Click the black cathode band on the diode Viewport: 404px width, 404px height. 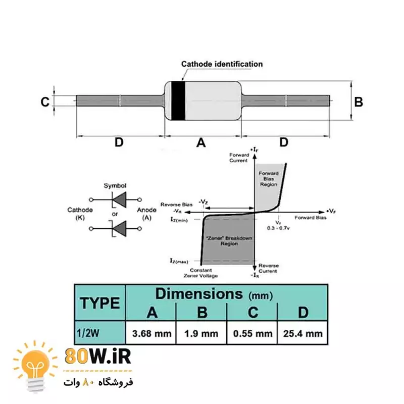coord(178,100)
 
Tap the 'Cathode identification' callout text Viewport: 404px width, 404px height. coord(222,64)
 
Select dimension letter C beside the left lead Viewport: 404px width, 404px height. coord(45,102)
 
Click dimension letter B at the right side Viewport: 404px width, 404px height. coord(359,102)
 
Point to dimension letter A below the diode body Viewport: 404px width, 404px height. coord(201,143)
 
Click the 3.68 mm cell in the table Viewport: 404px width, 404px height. coord(151,334)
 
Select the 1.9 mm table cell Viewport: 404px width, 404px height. coord(202,334)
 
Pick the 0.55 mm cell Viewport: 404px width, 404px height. coord(252,334)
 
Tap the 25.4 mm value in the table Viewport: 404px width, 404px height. coord(302,334)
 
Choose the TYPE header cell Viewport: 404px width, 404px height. coord(100,303)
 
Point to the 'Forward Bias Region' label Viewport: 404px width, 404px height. coord(269,179)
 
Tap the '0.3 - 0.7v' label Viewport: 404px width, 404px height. coord(279,228)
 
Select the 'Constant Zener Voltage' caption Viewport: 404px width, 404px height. coord(200,273)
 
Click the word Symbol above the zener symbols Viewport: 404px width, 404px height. coord(115,185)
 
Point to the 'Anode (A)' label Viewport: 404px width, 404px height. coord(144,214)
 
